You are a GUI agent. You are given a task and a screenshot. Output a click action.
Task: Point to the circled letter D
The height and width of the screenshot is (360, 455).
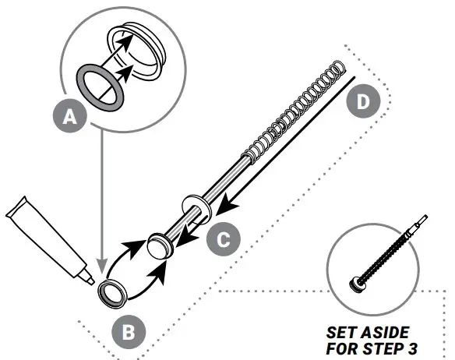click(362, 102)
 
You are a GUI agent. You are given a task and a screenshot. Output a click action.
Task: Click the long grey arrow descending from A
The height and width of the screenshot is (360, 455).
click(99, 195)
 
